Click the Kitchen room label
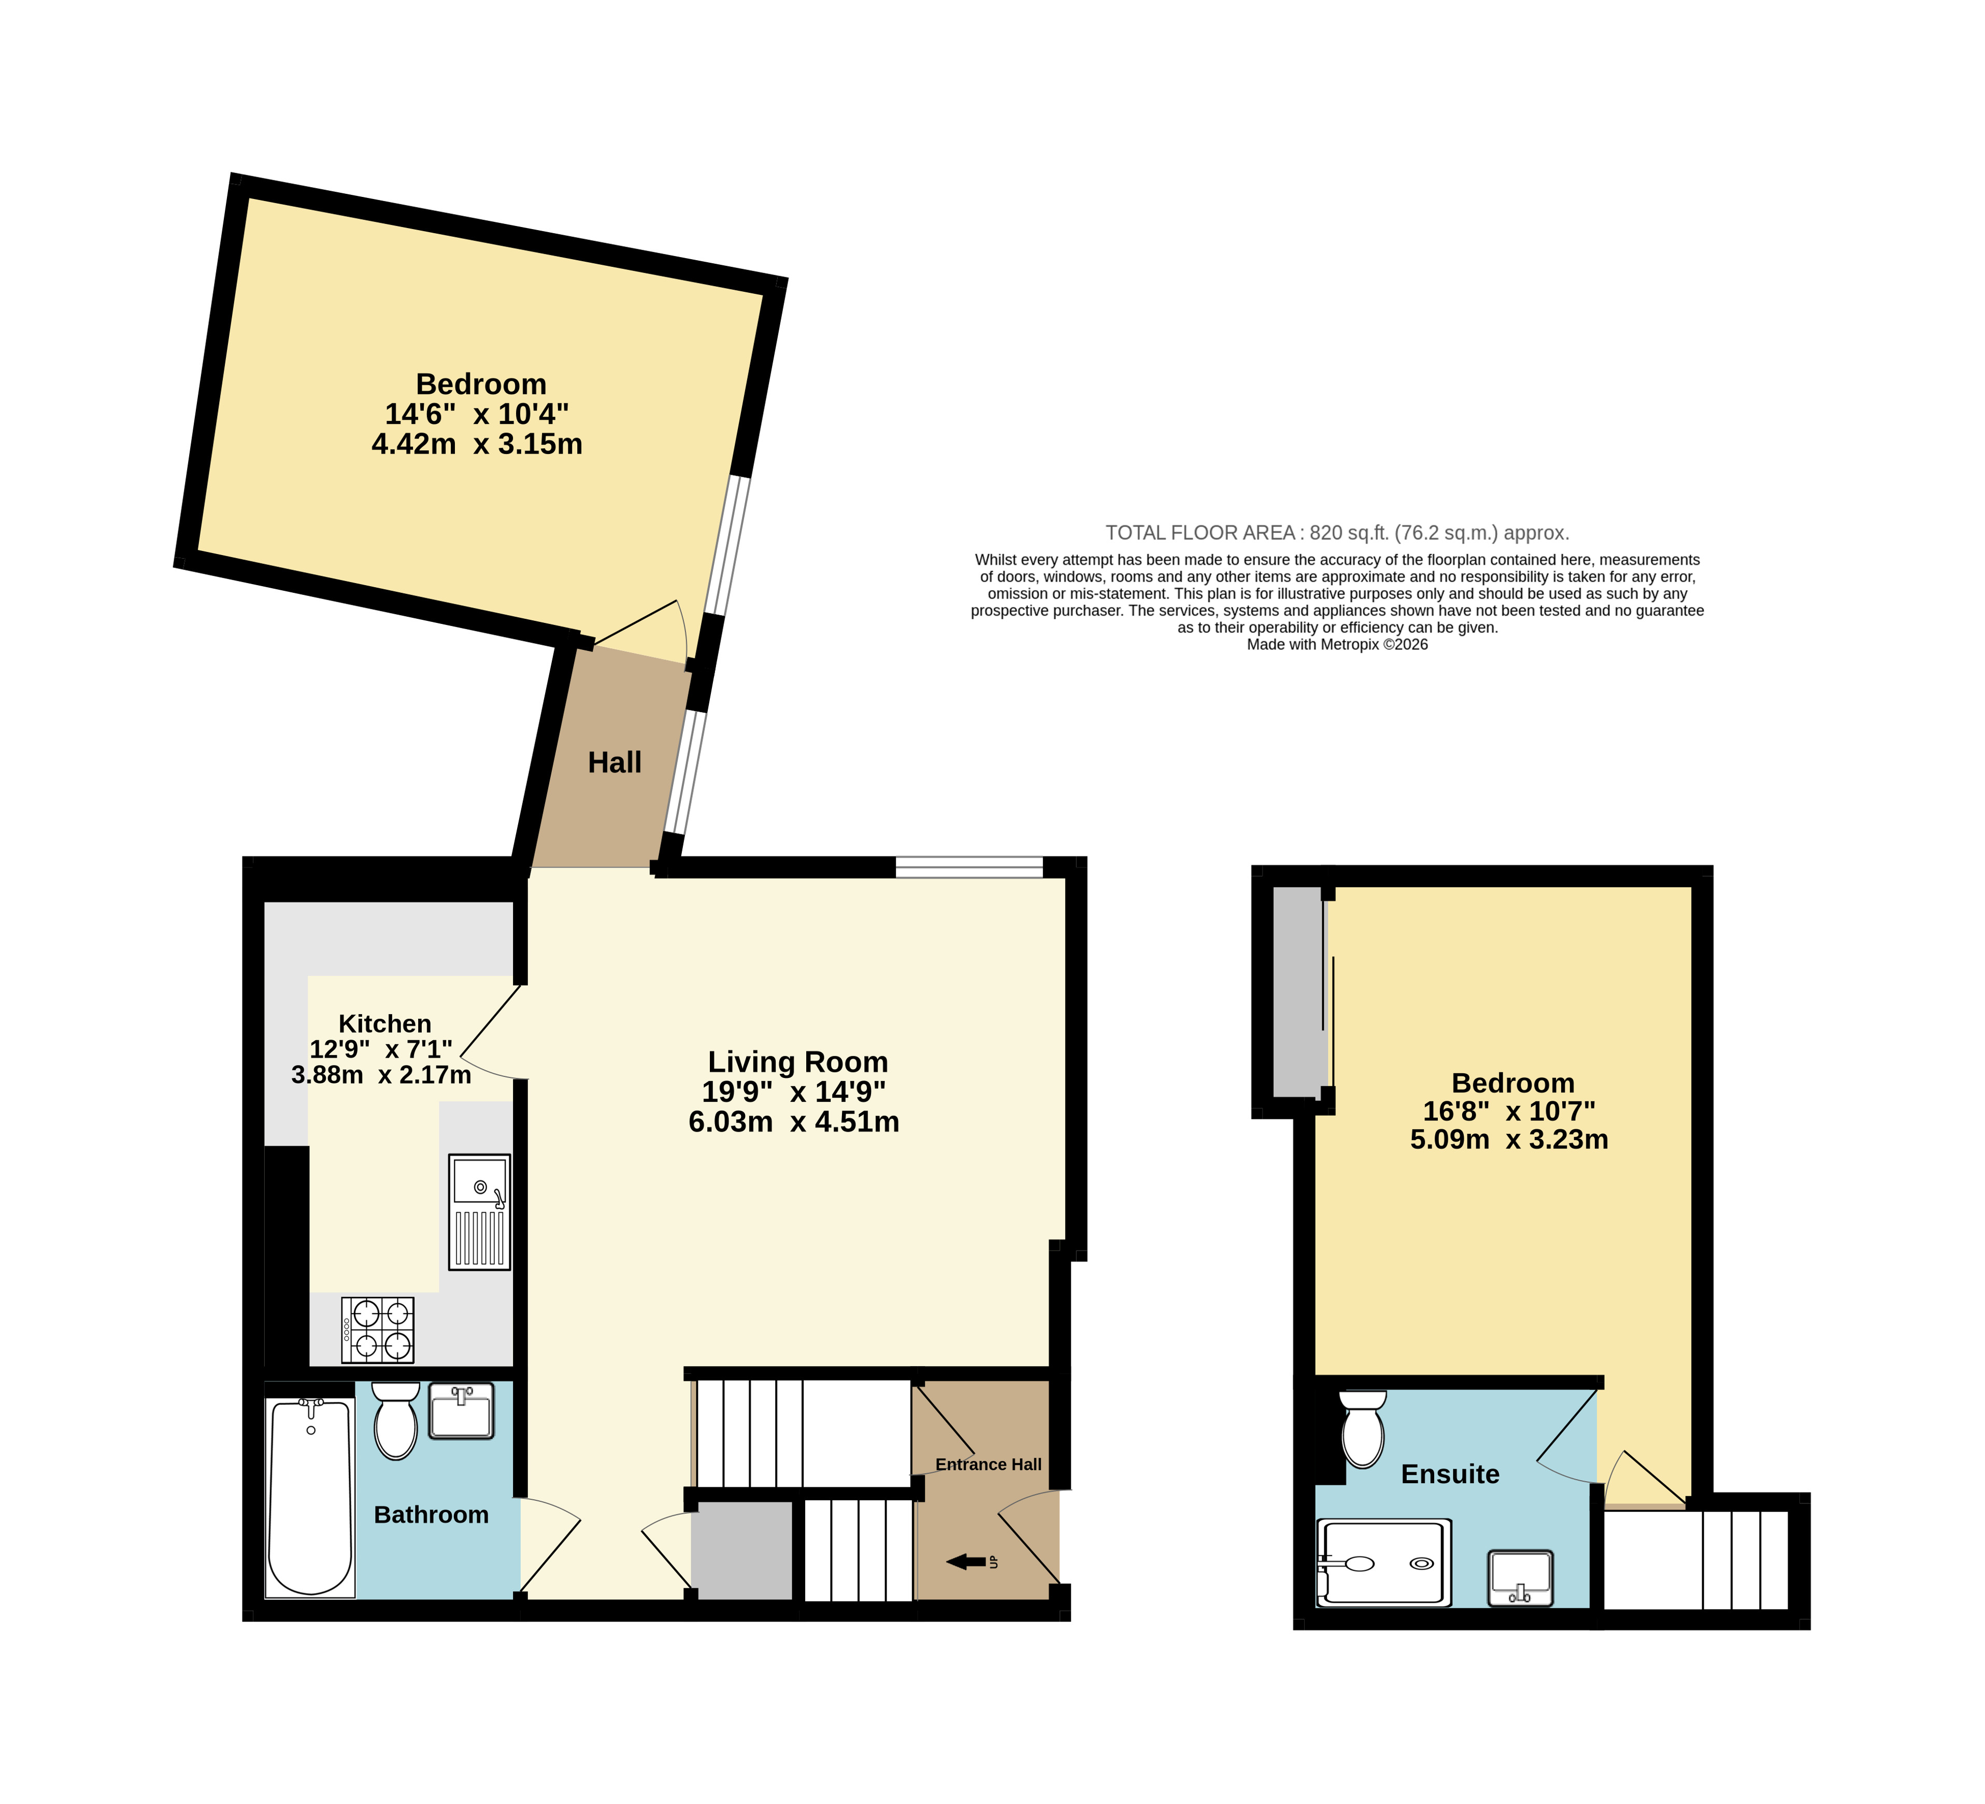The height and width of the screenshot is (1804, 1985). click(x=385, y=1024)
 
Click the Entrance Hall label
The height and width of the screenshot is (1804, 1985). click(x=989, y=1464)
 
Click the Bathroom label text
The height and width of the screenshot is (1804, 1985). click(x=431, y=1514)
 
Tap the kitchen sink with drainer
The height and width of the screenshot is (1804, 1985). click(x=479, y=1212)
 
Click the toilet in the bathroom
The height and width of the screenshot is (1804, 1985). click(x=396, y=1420)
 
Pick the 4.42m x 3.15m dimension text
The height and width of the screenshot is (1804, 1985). click(x=478, y=444)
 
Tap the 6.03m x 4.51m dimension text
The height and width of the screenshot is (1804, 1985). click(x=794, y=1121)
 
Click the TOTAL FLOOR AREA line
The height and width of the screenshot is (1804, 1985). click(x=1337, y=533)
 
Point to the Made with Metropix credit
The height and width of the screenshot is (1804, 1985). click(x=1337, y=645)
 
